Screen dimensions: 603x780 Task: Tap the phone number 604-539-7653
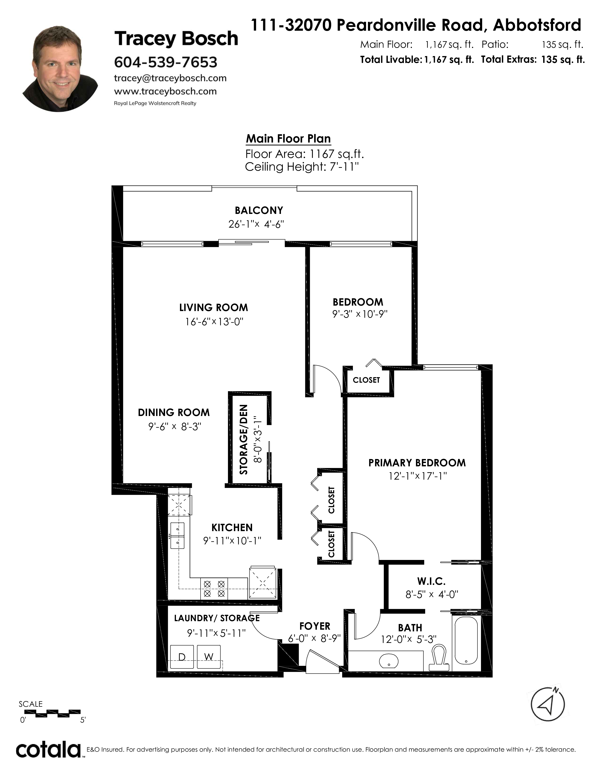pyautogui.click(x=165, y=62)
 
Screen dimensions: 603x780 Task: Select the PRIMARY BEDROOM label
pyautogui.click(x=417, y=463)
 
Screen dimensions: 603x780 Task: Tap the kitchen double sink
pyautogui.click(x=178, y=535)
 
